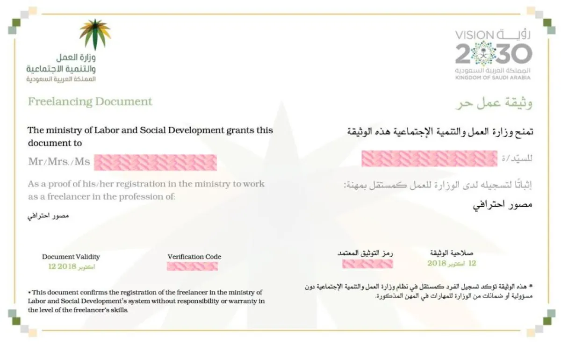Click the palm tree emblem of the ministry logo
(x=95, y=34)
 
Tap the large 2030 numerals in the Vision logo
(x=494, y=54)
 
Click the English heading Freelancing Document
(x=90, y=101)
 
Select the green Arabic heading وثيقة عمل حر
(x=494, y=102)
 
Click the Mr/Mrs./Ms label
(x=59, y=162)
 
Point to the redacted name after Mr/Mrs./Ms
(x=155, y=162)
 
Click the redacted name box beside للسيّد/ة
(x=429, y=158)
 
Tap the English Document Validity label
(x=71, y=257)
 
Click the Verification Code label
(x=194, y=257)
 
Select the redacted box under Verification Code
(x=192, y=266)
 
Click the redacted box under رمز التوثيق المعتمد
(x=367, y=264)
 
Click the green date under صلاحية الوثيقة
(x=452, y=263)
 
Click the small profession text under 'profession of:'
(x=49, y=216)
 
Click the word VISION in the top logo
(x=474, y=35)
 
